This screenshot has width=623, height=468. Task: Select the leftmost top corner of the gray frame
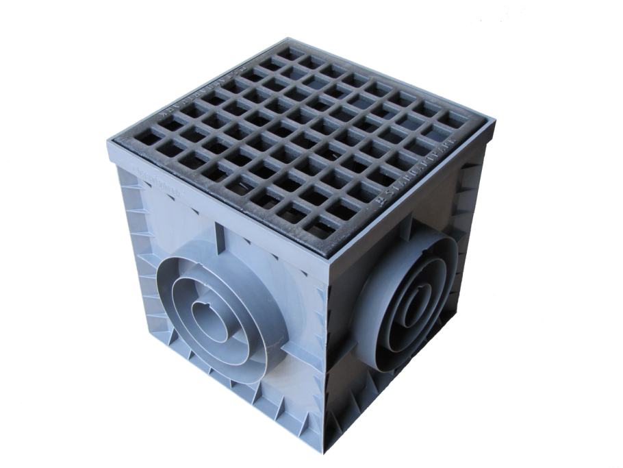point(110,143)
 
